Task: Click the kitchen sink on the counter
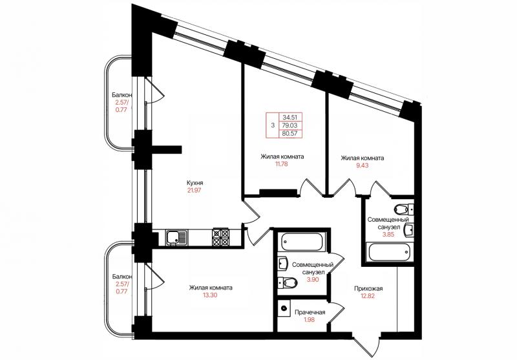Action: click(176, 238)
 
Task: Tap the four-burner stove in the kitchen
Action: click(220, 237)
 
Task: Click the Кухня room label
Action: click(195, 183)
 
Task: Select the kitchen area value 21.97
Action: click(195, 190)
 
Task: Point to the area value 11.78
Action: click(282, 164)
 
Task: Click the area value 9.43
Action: click(362, 165)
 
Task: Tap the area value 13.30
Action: click(211, 295)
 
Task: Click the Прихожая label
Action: click(368, 289)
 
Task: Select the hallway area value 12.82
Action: click(368, 296)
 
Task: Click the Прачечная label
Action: click(310, 312)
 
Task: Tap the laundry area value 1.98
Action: click(310, 319)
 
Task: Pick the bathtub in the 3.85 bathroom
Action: click(389, 252)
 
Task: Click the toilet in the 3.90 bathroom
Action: click(287, 282)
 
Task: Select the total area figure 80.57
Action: click(290, 134)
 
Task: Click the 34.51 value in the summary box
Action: click(290, 117)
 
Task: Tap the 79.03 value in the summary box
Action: click(290, 125)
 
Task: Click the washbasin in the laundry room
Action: click(284, 308)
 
